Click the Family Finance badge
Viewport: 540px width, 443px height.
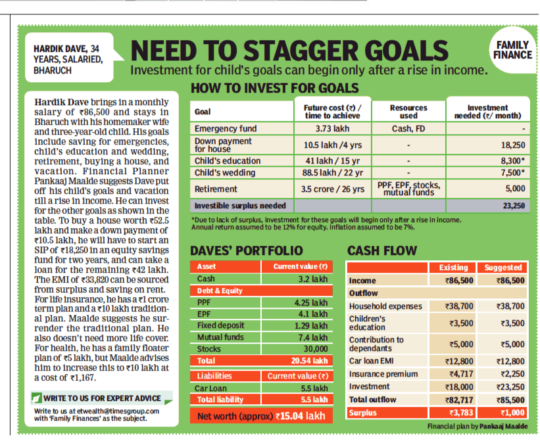pyautogui.click(x=512, y=49)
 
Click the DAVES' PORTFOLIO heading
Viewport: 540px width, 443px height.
pyautogui.click(x=247, y=250)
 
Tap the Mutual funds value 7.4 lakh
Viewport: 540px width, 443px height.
pyautogui.click(x=311, y=337)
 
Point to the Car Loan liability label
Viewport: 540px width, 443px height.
pyautogui.click(x=212, y=388)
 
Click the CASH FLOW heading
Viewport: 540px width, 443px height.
pyautogui.click(x=382, y=250)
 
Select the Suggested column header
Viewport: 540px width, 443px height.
pyautogui.click(x=503, y=268)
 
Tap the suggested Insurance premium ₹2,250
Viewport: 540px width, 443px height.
pyautogui.click(x=511, y=373)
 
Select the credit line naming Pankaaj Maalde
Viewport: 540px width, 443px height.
pyautogui.click(x=478, y=427)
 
